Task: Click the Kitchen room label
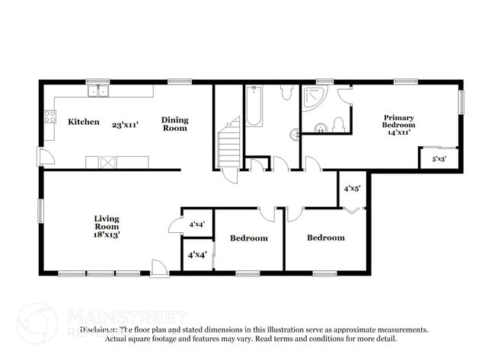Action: [84, 122]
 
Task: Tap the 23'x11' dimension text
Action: [126, 123]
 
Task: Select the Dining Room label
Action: [174, 124]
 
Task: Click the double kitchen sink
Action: [97, 92]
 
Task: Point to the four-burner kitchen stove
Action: [50, 116]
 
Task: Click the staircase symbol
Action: [228, 148]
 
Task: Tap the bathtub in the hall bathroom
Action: [254, 107]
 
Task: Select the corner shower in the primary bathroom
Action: [312, 99]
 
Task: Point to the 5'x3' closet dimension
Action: [439, 160]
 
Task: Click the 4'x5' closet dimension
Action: [351, 188]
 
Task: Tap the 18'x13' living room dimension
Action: [107, 235]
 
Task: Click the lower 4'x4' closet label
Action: [196, 254]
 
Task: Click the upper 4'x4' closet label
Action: [196, 224]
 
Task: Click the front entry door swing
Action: [159, 268]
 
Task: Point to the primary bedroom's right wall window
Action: [460, 102]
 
